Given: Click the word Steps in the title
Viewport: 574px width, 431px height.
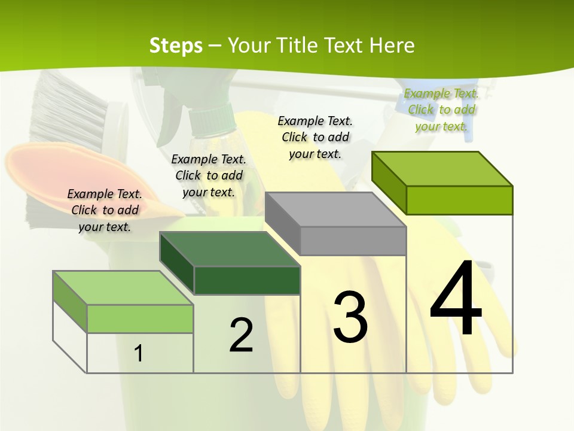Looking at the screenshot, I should click(x=175, y=45).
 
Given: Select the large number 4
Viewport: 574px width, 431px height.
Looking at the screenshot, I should click(x=456, y=299).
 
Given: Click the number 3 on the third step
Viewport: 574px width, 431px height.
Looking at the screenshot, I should click(x=350, y=317).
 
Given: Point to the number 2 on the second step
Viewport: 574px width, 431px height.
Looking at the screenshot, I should click(x=241, y=335).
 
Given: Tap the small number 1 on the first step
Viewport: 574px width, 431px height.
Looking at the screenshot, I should click(x=139, y=353).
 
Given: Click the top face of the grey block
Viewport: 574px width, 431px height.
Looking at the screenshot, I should click(x=335, y=210).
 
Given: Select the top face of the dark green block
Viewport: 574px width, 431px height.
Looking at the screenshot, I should click(x=230, y=249).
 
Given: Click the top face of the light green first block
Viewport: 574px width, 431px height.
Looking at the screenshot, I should click(x=123, y=288).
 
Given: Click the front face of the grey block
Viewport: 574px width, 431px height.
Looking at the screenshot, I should click(x=353, y=241).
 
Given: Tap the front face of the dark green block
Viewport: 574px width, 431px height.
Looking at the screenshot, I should click(x=247, y=280).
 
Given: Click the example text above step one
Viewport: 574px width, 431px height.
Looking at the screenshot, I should click(x=105, y=210).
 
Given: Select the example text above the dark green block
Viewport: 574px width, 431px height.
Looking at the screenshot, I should click(x=209, y=175).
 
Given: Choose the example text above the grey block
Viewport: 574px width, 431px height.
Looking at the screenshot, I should click(x=315, y=137).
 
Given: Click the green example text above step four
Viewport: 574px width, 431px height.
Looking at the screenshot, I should click(x=441, y=110).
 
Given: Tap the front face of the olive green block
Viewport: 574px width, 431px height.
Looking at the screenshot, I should click(x=459, y=200).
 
